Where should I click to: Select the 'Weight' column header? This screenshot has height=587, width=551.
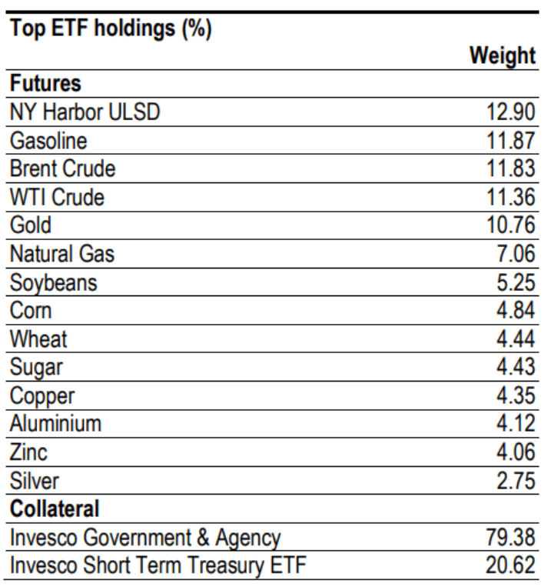[x=502, y=55]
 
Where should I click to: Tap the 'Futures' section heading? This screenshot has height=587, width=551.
[x=45, y=82]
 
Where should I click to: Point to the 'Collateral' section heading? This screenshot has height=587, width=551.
[x=55, y=509]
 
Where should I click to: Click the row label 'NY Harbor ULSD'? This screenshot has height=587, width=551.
[x=85, y=112]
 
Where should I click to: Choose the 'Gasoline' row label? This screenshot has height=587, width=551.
[x=48, y=140]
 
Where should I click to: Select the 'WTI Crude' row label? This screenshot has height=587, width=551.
[x=57, y=197]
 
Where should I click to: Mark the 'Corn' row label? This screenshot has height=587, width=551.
[x=32, y=310]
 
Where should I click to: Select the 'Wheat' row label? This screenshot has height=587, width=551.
[x=38, y=339]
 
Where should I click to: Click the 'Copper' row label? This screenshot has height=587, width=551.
[x=42, y=395]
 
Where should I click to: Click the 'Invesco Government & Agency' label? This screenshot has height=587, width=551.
[x=145, y=538]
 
